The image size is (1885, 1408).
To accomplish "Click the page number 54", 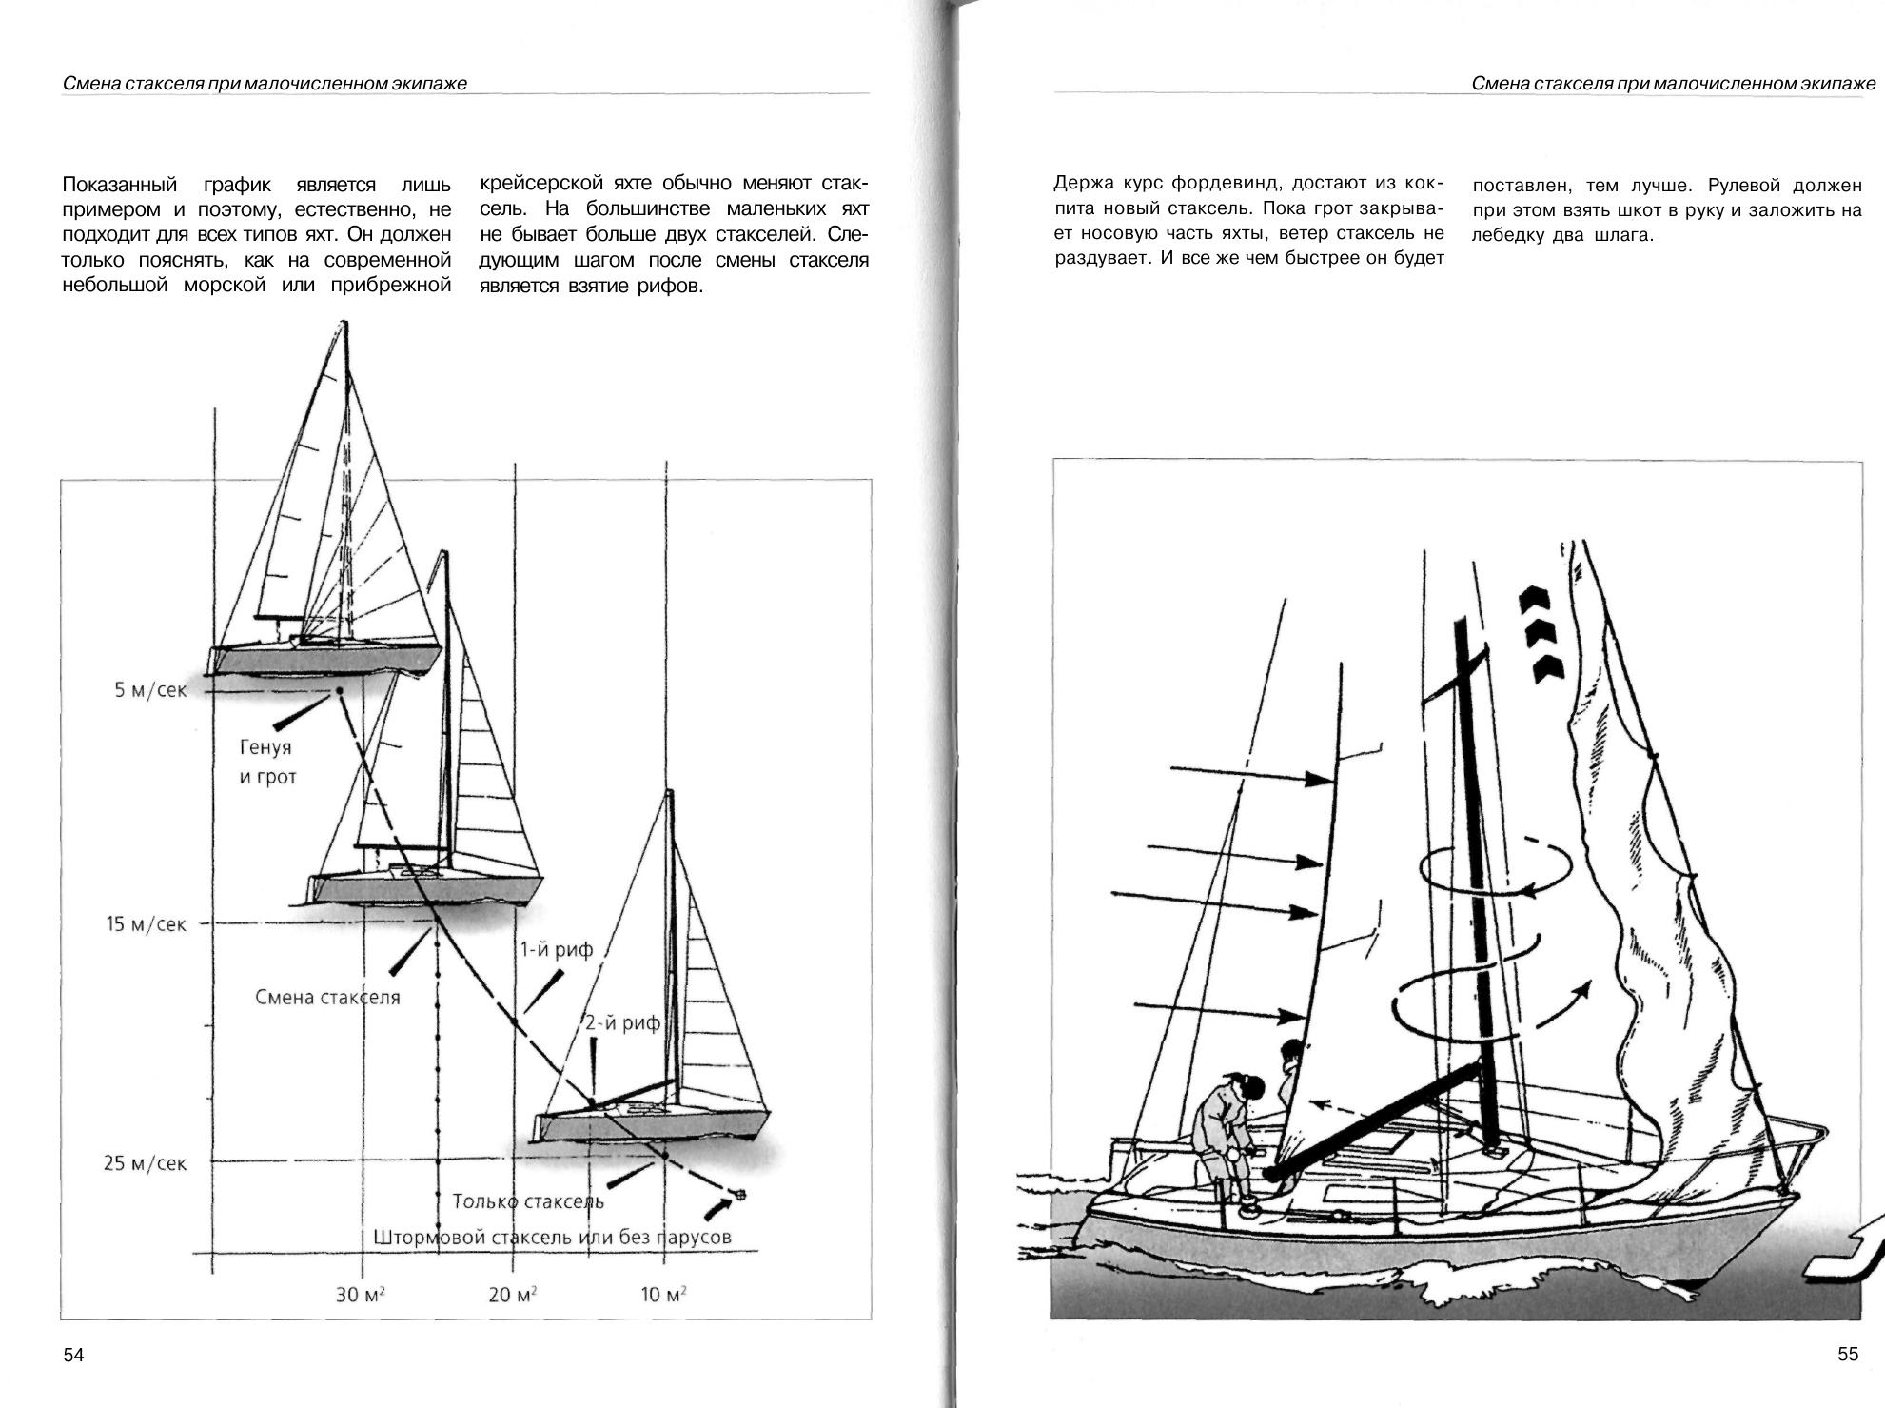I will tap(73, 1355).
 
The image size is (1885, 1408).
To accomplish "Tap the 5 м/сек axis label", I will tap(150, 689).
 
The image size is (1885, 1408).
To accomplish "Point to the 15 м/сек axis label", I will tap(146, 923).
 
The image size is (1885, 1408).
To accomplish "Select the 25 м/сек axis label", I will tap(145, 1162).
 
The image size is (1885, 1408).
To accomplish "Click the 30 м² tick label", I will tap(360, 1295).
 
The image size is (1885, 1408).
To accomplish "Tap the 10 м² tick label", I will tap(664, 1295).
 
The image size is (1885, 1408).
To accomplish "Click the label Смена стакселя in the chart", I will tap(327, 997).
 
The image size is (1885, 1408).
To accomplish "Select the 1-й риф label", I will tap(555, 949).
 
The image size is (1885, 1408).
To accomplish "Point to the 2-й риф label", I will tap(621, 1023).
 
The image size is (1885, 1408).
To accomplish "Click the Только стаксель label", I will tap(528, 1201).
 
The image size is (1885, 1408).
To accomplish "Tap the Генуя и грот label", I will tap(266, 762).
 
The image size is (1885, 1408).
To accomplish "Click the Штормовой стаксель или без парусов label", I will tap(552, 1237).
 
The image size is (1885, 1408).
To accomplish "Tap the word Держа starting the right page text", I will tap(1082, 183).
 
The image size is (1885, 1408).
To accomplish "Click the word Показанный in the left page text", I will tap(119, 184).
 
